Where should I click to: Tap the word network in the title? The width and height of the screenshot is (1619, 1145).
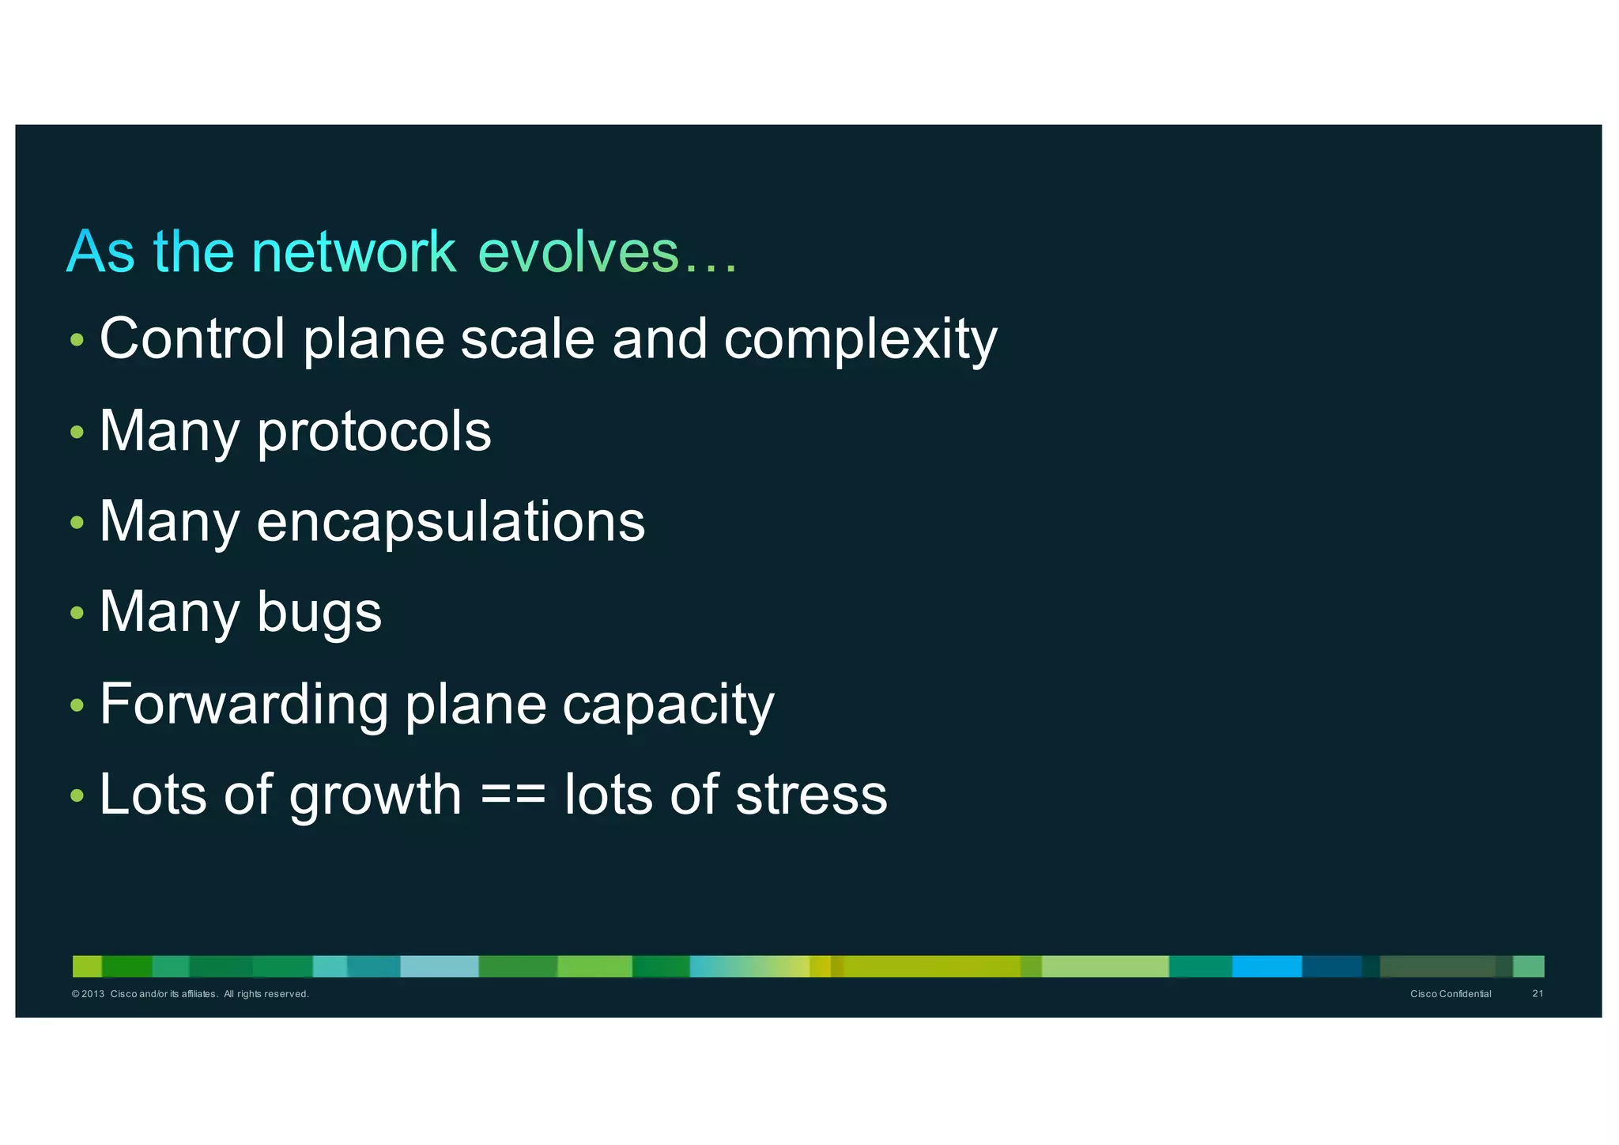click(354, 252)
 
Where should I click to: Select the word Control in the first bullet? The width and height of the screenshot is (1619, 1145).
click(192, 339)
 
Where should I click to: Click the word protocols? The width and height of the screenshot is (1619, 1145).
click(374, 433)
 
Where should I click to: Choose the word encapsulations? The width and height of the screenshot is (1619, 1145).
click(451, 523)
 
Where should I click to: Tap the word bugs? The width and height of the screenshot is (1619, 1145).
click(319, 614)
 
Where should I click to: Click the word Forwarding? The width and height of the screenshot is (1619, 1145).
click(243, 705)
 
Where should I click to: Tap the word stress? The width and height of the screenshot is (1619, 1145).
click(812, 795)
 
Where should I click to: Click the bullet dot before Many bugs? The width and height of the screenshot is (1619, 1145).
click(77, 613)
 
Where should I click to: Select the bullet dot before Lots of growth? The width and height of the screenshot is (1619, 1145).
click(77, 795)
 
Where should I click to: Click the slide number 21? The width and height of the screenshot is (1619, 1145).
click(1538, 994)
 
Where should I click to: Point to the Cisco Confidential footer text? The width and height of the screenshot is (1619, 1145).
click(1451, 994)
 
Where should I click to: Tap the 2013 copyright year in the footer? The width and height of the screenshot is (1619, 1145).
click(92, 994)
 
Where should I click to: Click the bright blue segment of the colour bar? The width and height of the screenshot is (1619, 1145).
click(1266, 966)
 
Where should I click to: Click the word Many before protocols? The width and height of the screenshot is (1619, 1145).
click(169, 433)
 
